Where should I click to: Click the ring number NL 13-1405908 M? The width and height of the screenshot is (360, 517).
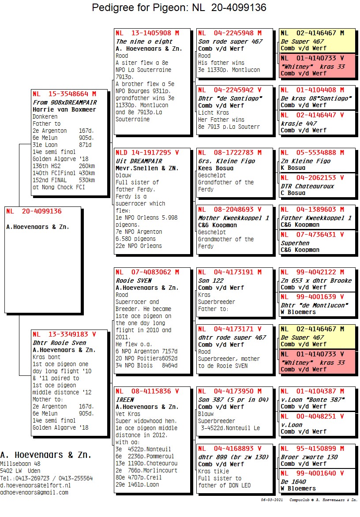coord(147,33)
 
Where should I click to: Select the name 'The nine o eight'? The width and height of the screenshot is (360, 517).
coord(139,41)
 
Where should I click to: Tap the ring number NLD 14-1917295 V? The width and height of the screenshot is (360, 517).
coord(147,153)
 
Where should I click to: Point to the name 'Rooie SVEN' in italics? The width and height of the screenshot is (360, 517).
coord(134,281)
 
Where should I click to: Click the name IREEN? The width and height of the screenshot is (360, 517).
coord(125,400)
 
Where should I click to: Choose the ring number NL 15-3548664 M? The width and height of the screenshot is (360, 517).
coord(64,94)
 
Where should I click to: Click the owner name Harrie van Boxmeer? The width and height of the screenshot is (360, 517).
coord(64,110)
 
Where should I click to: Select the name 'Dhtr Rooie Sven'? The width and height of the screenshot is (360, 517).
coord(59,343)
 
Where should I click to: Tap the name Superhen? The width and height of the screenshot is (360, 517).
coord(295,243)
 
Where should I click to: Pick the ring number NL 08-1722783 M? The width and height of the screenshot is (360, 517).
coord(229,153)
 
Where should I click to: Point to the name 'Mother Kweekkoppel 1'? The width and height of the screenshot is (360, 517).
coord(233,218)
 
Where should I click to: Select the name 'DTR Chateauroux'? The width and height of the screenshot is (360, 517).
coord(307,186)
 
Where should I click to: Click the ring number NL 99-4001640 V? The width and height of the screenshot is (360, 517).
coord(312,473)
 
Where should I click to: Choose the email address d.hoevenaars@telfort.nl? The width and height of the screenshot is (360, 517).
coord(35,485)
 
